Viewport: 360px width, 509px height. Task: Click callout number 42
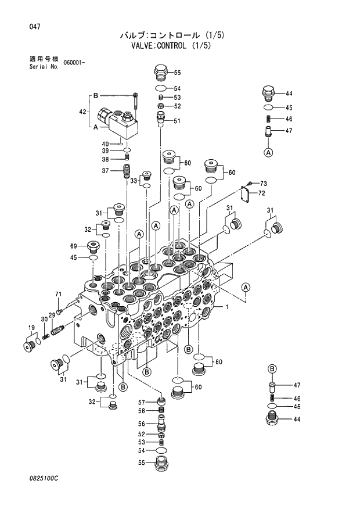[82, 112]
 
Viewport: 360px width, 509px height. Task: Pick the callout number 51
[177, 121]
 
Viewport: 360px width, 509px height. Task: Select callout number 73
[262, 183]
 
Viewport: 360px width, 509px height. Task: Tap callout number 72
[262, 193]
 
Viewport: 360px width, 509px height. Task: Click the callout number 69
[74, 245]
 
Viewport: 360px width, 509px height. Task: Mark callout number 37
[106, 170]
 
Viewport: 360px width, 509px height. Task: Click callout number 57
[141, 402]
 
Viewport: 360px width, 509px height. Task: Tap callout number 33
[133, 181]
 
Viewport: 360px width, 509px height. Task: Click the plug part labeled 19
[30, 346]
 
